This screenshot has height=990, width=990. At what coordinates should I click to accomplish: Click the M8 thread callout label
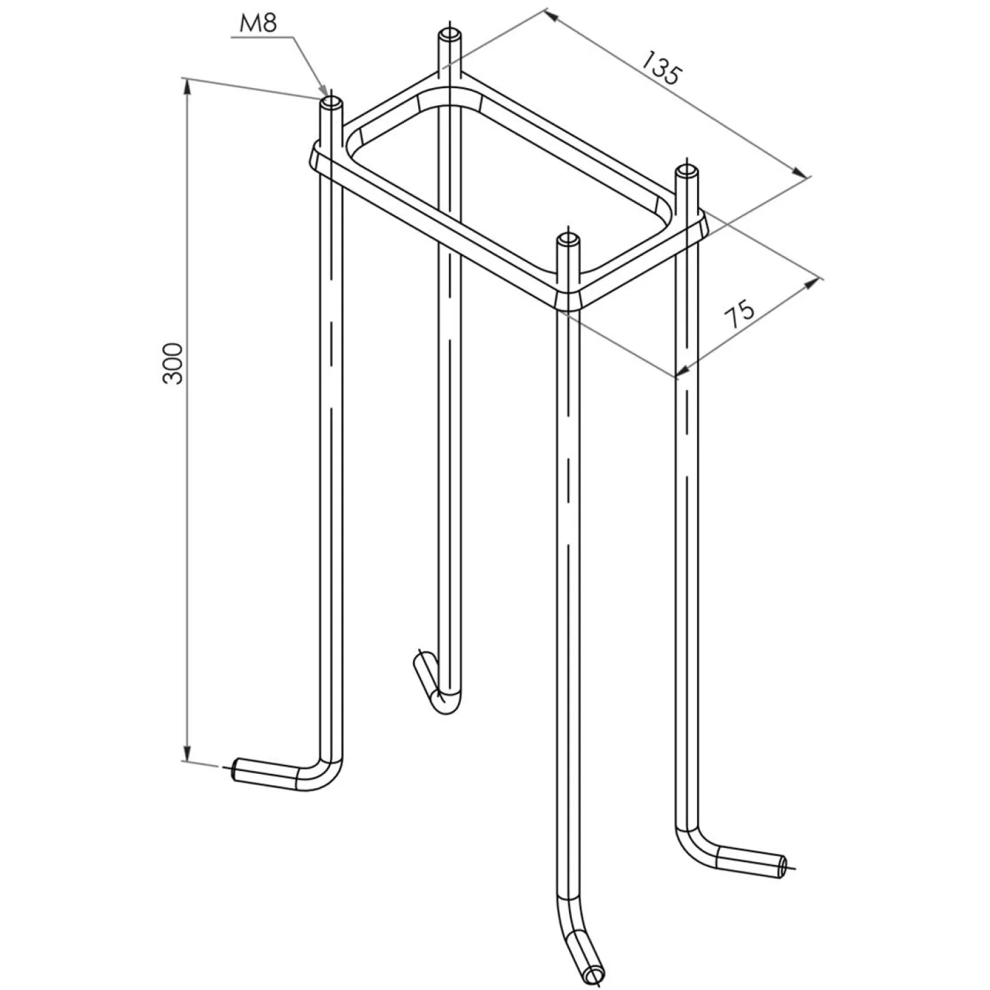point(259,24)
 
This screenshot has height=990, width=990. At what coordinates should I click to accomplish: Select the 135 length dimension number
point(661,67)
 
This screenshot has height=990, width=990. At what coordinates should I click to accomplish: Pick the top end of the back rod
point(450,36)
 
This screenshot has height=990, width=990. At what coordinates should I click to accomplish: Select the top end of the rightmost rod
point(686,170)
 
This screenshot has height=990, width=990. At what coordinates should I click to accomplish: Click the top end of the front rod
point(568,238)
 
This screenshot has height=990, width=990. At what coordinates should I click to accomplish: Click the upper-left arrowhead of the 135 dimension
point(553,17)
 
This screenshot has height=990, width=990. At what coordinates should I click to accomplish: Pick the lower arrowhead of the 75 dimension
point(684,369)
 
